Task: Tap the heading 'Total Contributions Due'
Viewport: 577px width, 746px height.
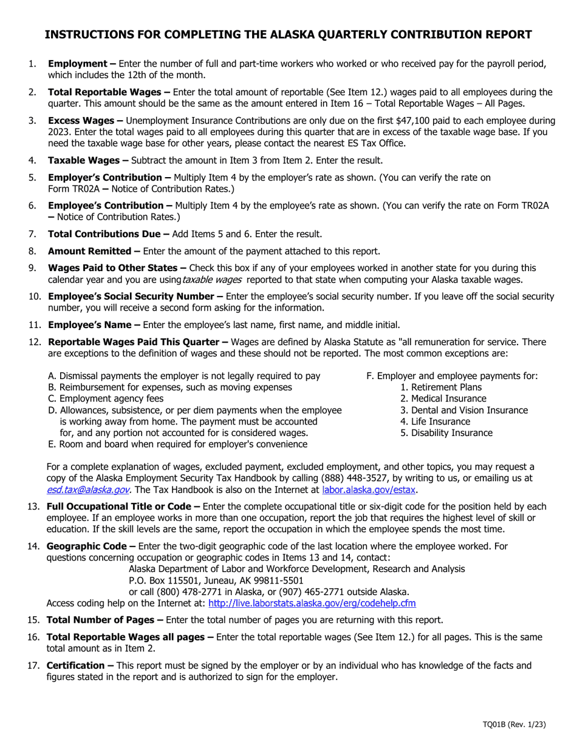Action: [x=103, y=234]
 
